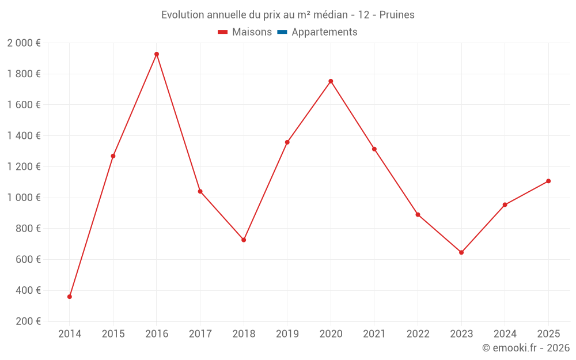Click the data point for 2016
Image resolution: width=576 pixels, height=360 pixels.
[157, 54]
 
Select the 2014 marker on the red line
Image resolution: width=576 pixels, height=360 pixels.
[70, 297]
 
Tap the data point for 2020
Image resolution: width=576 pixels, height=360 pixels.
[331, 81]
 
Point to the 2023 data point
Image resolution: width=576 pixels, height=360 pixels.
[461, 252]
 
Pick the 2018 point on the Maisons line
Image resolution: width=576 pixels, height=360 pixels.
[244, 240]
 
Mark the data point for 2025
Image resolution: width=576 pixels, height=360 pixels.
[548, 181]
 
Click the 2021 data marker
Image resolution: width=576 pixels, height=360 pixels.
[374, 149]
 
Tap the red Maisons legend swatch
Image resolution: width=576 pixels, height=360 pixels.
[223, 32]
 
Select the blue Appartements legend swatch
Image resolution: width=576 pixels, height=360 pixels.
[282, 32]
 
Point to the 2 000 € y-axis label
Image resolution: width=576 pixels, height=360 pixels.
[24, 43]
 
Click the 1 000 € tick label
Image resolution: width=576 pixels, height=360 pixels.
[24, 198]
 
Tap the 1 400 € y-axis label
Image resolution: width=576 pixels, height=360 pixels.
[24, 136]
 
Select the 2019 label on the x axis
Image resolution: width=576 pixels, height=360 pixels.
[287, 334]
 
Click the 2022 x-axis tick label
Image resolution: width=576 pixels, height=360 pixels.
[418, 334]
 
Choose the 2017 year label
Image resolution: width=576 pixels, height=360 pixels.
[200, 334]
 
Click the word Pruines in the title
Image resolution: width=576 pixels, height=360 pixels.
[398, 15]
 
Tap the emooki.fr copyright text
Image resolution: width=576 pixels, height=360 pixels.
[526, 348]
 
